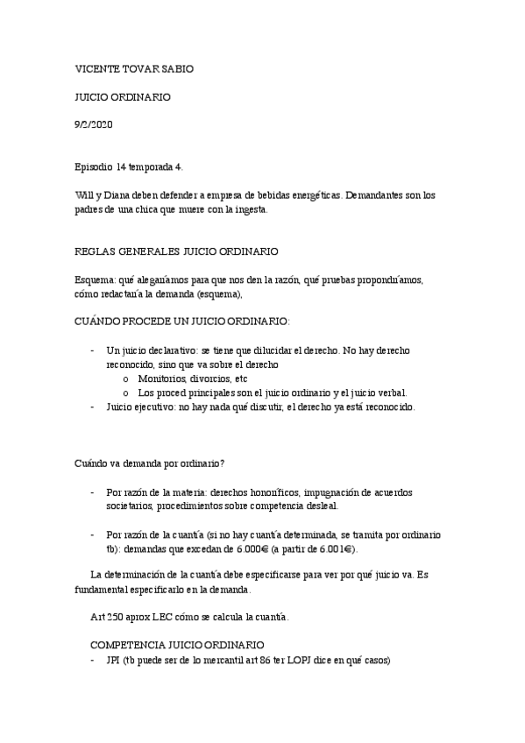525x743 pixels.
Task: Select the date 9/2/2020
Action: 95,125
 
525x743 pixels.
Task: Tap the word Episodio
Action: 95,166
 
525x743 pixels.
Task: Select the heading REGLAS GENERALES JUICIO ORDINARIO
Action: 177,251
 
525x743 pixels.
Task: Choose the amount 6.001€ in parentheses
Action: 337,548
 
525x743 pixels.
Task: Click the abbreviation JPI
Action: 112,660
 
